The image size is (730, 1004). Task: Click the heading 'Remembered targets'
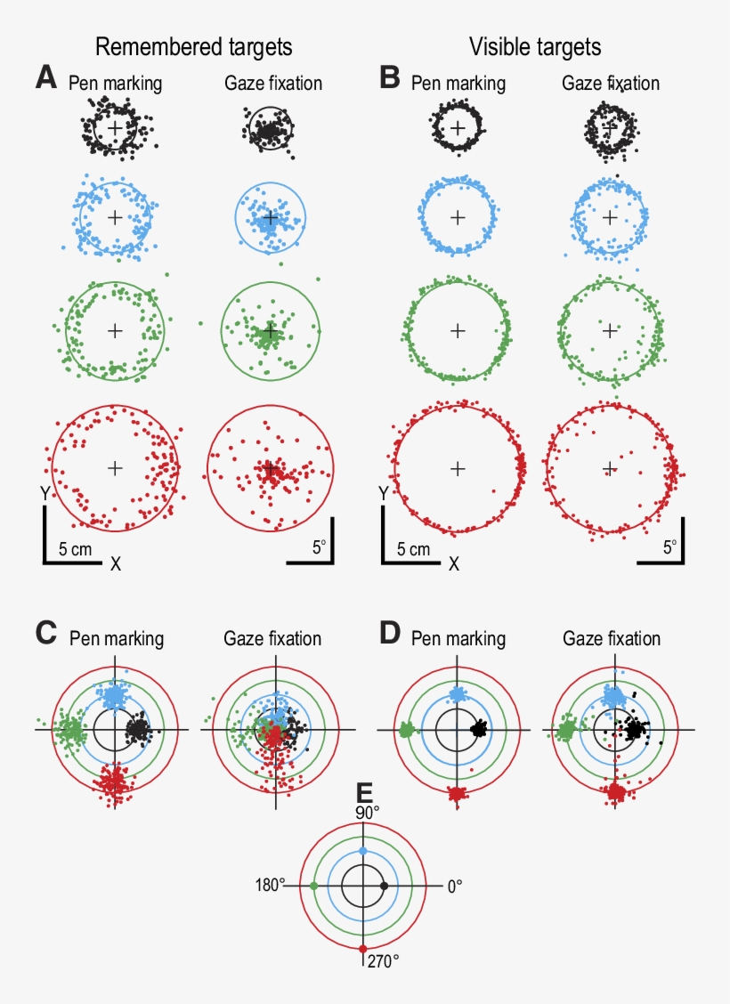194,46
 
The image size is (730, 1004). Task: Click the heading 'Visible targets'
536,46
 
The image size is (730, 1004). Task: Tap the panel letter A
46,78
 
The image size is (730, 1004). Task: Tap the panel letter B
389,78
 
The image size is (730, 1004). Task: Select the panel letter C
46,634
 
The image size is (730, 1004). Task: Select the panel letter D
389,634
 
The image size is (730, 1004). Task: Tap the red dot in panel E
362,949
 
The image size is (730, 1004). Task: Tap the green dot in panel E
314,887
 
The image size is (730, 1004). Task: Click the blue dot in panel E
362,852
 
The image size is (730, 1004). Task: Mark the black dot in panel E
384,887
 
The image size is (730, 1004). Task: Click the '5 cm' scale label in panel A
75,549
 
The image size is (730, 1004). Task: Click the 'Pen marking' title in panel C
116,638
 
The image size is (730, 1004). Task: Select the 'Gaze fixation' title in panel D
612,638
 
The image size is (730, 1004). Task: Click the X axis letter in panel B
454,563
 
